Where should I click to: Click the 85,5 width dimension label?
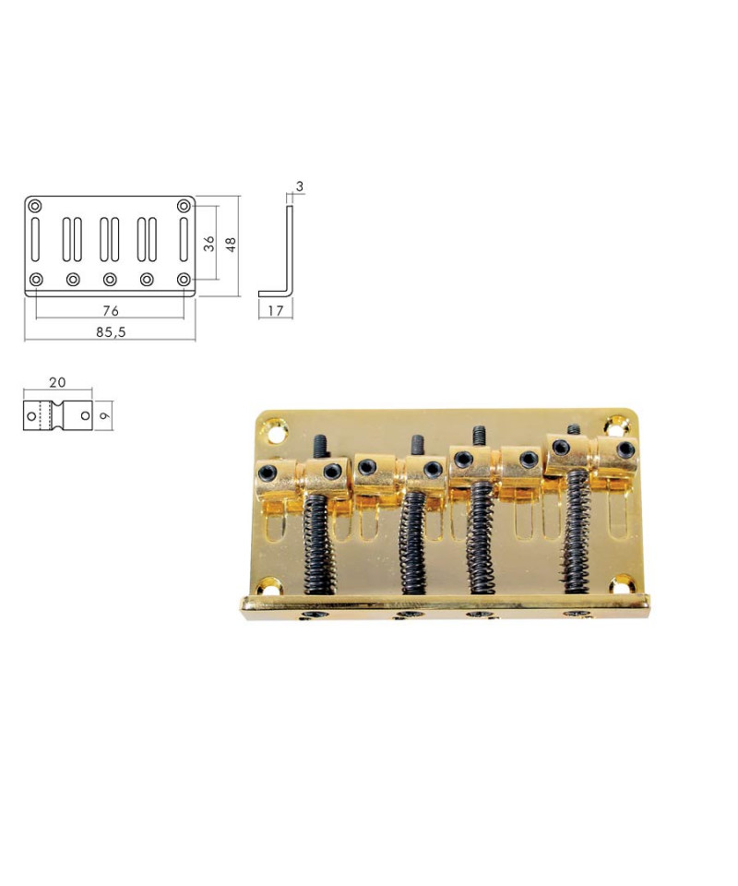click(x=110, y=332)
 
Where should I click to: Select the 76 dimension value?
click(x=111, y=311)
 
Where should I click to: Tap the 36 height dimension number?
click(x=208, y=244)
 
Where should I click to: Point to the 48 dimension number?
click(x=231, y=244)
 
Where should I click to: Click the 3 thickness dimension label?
click(x=299, y=186)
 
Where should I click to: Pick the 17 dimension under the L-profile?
click(x=276, y=311)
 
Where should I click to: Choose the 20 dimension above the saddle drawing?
click(x=57, y=382)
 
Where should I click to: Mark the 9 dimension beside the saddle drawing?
click(x=105, y=416)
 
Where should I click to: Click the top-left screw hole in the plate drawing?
click(x=35, y=206)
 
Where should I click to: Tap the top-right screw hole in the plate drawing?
click(x=184, y=206)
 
